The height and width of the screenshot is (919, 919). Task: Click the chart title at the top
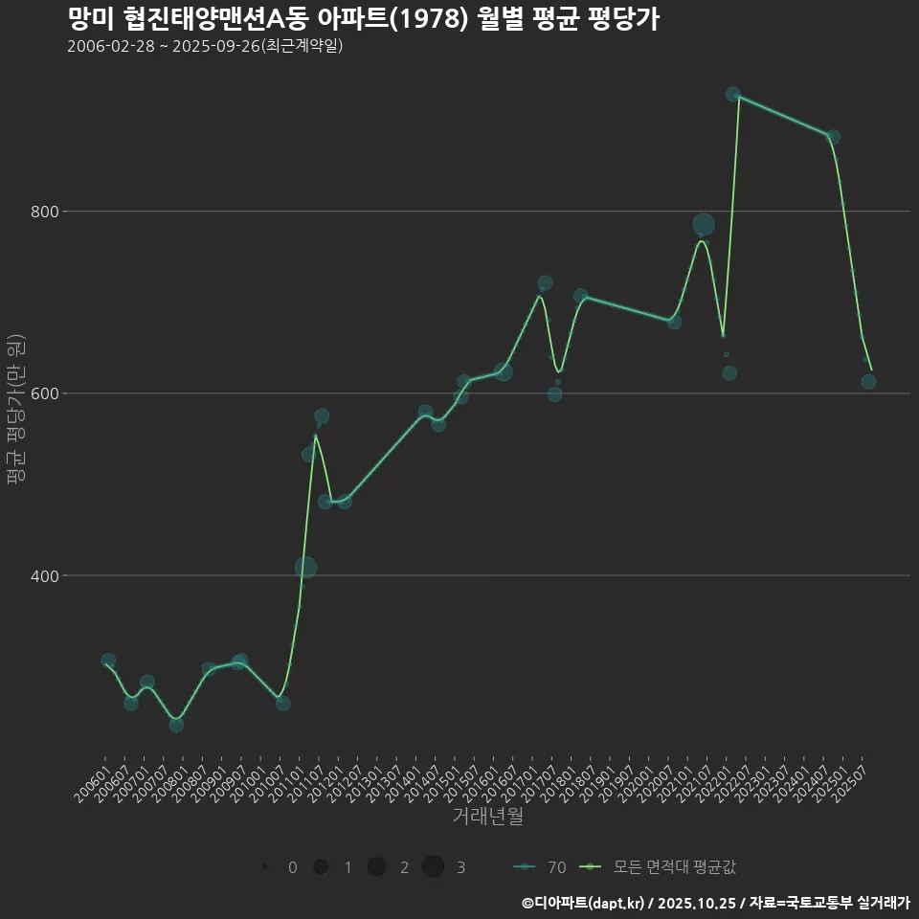363,20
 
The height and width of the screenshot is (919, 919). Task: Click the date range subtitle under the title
205,47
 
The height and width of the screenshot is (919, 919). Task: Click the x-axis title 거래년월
487,817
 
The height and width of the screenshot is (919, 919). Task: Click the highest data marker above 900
732,95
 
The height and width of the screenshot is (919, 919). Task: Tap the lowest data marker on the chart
176,725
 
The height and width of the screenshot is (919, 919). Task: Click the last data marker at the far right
868,382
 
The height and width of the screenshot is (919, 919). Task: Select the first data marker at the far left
108,661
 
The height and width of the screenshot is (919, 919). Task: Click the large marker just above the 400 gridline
305,568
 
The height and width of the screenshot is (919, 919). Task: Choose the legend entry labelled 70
542,867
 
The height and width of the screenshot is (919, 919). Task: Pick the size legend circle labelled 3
433,867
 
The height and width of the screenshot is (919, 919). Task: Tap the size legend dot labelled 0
263,867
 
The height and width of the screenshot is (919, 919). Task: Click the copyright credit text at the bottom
715,903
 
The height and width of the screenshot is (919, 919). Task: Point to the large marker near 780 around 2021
704,225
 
